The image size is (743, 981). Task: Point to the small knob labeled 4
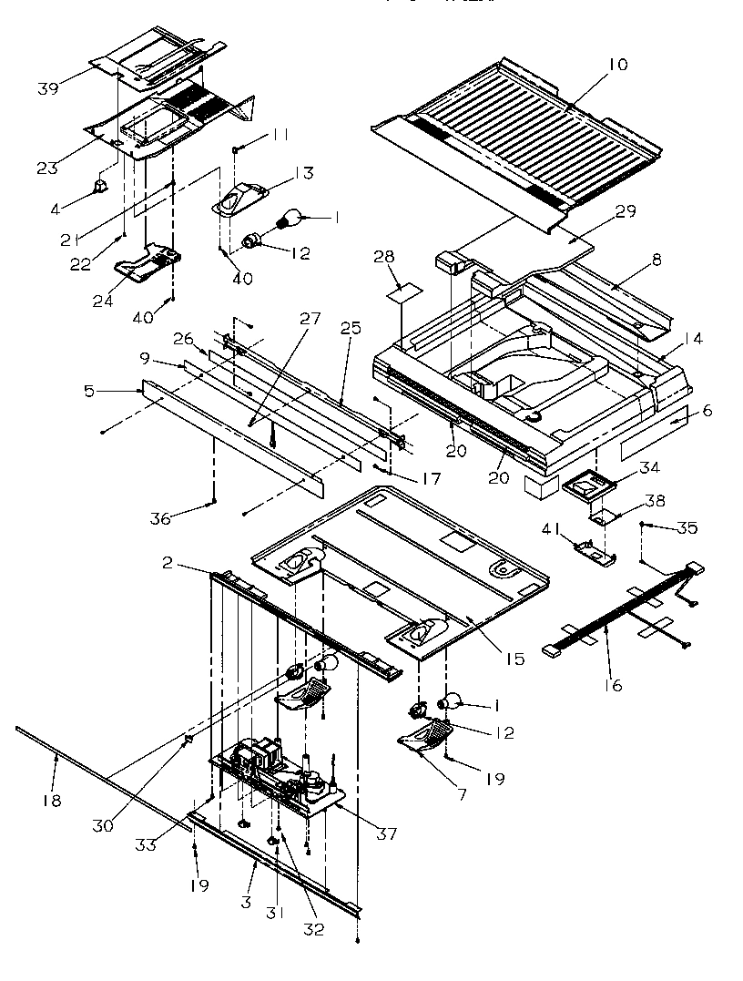point(101,187)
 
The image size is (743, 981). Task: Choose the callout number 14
point(693,339)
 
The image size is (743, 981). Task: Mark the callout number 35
point(687,526)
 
